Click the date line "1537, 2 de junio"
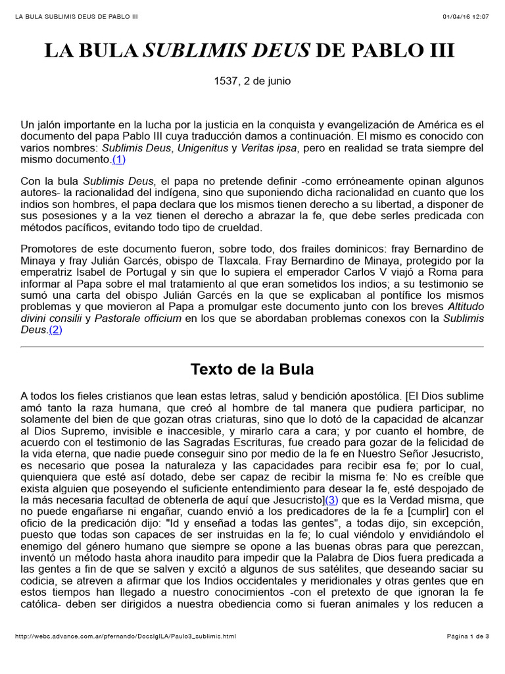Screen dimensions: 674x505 click(252, 82)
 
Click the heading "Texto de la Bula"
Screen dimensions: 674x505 click(252, 369)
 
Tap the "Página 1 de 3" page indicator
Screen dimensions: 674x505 click(468, 636)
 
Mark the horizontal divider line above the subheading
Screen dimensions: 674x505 click(252, 347)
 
